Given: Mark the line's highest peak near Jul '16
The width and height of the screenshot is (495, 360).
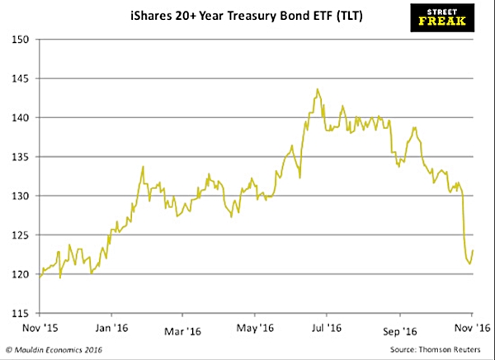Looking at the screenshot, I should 318,89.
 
